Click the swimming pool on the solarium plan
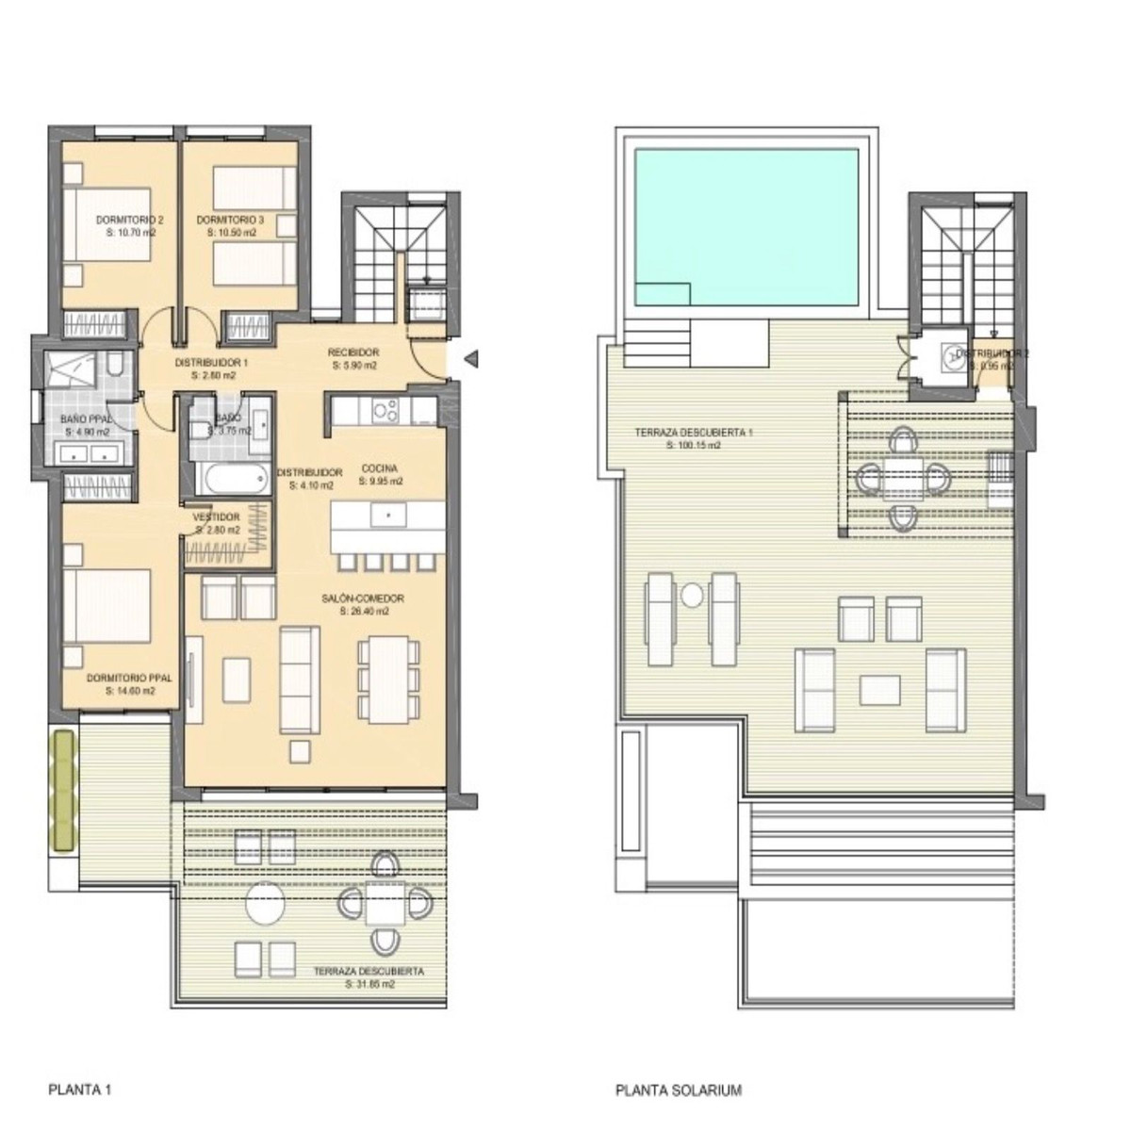click(746, 228)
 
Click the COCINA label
click(380, 468)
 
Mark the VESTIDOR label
click(217, 523)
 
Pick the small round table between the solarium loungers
click(693, 596)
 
